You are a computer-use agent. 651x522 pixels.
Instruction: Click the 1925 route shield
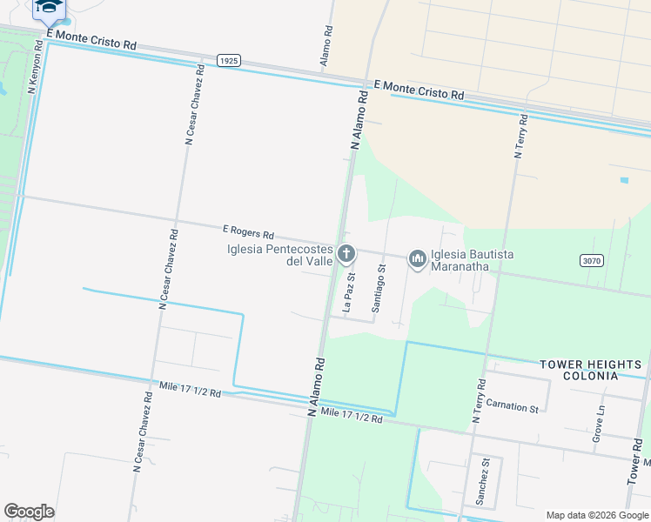(x=228, y=61)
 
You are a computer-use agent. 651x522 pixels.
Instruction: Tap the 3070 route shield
(x=591, y=260)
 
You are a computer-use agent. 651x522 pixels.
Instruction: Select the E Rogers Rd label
(x=248, y=233)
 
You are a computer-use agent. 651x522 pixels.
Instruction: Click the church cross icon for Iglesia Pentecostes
(x=346, y=255)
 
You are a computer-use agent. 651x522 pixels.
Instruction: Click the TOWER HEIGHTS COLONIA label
(x=590, y=370)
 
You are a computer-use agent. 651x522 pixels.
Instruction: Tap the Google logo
(x=29, y=512)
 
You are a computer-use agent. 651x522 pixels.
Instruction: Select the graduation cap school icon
(x=50, y=8)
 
